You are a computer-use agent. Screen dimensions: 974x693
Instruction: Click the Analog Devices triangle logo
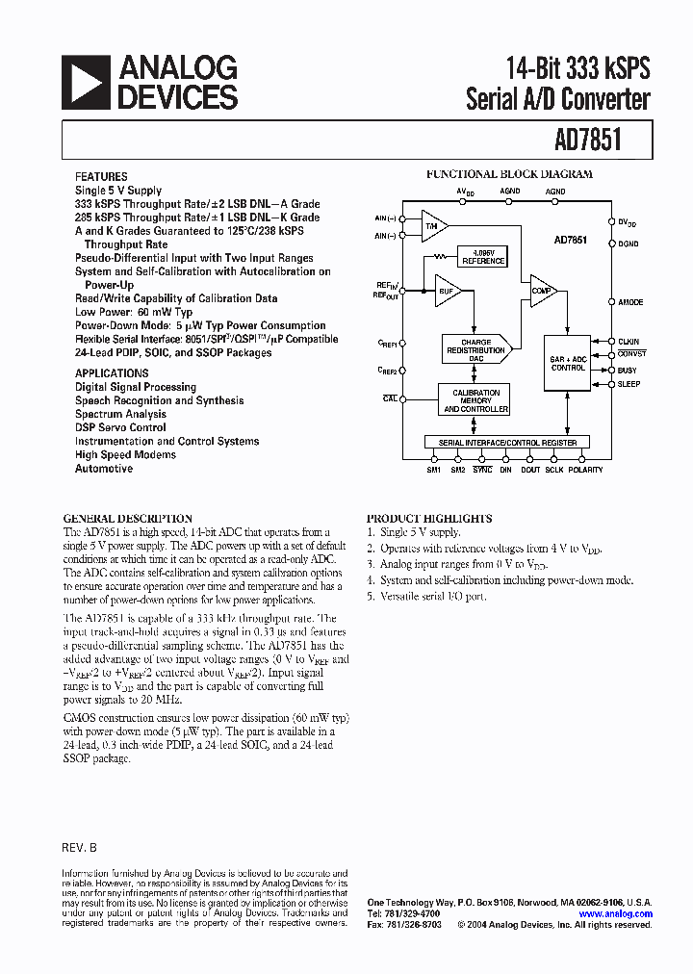86,82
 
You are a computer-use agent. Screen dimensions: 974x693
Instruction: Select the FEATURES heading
101,177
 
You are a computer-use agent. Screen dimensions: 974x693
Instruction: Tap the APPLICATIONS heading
112,373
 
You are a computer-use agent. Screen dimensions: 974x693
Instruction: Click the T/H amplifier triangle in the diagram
433,226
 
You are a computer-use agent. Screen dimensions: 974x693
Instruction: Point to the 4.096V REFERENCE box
482,258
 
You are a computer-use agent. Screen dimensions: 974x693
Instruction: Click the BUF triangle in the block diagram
447,291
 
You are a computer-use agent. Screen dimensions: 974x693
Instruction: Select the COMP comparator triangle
541,291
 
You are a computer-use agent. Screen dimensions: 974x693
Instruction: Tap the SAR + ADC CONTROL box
568,363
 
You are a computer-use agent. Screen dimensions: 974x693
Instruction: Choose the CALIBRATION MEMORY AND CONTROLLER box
475,400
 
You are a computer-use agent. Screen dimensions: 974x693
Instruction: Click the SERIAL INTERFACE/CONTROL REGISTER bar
507,443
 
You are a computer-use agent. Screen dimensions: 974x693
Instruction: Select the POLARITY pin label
585,470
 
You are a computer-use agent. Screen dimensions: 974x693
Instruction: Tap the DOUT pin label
530,470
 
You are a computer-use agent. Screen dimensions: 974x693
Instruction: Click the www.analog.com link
616,914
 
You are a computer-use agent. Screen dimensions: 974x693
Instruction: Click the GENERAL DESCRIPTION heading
127,518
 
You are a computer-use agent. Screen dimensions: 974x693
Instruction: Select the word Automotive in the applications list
104,469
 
